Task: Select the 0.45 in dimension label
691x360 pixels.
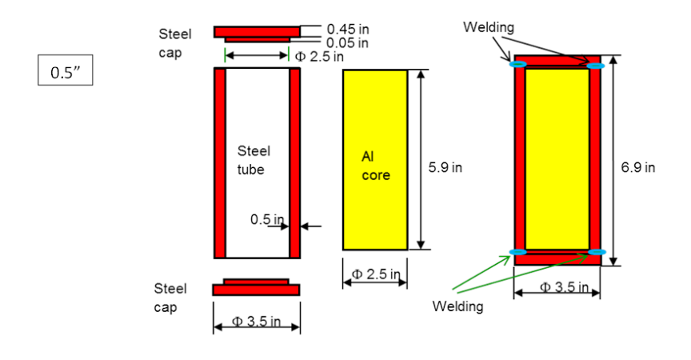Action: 347,29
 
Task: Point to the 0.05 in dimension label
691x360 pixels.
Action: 347,42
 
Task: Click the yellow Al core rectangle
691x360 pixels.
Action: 374,160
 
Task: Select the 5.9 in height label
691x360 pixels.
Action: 445,168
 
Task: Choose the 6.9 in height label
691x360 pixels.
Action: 637,168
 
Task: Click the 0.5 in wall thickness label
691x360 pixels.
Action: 267,219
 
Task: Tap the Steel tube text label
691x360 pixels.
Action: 254,160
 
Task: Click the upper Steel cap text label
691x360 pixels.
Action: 174,42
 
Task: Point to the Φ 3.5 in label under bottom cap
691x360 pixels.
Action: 256,322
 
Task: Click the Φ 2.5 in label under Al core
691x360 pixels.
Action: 374,274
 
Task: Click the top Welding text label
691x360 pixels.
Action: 489,27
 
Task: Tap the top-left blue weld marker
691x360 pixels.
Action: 518,64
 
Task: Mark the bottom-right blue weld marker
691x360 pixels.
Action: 596,252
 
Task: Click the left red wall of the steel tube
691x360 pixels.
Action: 220,163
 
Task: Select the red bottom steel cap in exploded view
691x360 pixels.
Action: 256,289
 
